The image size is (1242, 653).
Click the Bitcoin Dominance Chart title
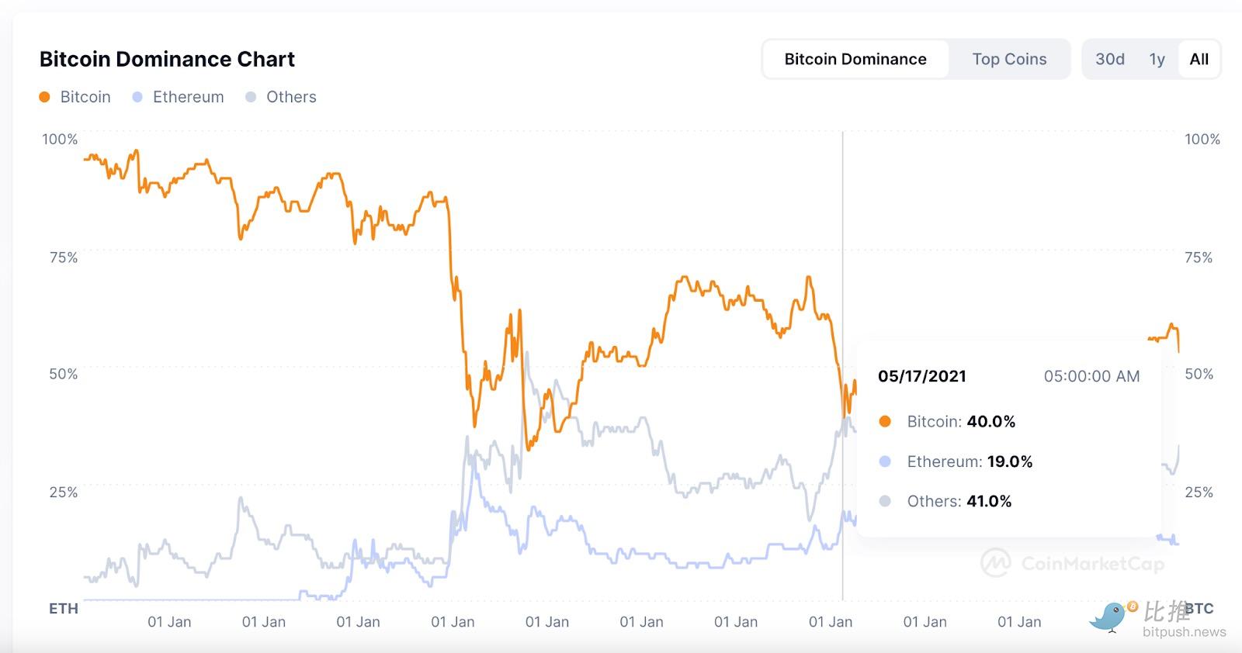pos(167,59)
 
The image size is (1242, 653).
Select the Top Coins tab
pos(1009,59)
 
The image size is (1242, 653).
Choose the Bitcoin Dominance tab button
pos(855,59)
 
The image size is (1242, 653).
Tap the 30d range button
pos(1110,59)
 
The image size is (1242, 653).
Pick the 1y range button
pos(1157,59)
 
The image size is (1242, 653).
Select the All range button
pos(1199,59)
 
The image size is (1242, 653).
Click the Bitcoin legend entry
pos(75,97)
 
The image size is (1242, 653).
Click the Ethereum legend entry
pos(179,97)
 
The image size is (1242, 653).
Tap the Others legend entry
pos(281,97)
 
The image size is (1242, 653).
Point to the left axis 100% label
pos(60,139)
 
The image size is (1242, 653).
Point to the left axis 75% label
pos(64,257)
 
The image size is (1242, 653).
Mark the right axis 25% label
pos(1199,492)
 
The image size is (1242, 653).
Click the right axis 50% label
pos(1199,374)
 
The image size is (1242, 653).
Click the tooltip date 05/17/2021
pos(922,376)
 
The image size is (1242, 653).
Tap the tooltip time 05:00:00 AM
pos(1091,376)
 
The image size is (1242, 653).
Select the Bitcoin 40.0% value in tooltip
pos(990,421)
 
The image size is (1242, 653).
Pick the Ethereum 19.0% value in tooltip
pos(1009,461)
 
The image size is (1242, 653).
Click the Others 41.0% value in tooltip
pos(988,501)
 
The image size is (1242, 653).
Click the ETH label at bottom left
pos(64,609)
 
